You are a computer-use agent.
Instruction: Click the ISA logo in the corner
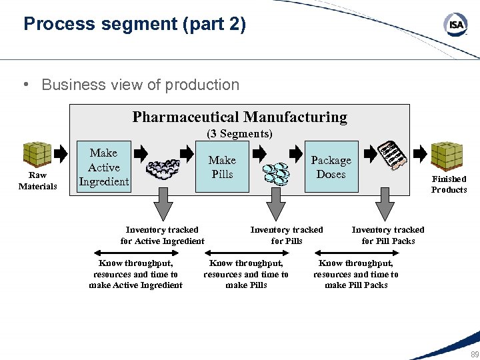[455, 25]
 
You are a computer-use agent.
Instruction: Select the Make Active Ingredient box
[103, 167]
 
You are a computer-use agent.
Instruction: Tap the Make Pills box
[222, 167]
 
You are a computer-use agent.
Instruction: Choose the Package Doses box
[331, 167]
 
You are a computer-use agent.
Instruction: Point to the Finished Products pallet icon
[446, 156]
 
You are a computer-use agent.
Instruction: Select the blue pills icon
[275, 174]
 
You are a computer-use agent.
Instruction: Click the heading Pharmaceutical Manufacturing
[239, 117]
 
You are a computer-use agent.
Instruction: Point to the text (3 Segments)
[239, 134]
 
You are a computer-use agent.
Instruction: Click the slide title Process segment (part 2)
[135, 25]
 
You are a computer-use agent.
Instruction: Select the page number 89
[474, 353]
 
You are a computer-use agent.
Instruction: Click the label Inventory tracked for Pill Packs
[388, 235]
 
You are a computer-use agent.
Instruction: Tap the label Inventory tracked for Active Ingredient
[162, 235]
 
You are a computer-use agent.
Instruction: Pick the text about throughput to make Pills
[246, 274]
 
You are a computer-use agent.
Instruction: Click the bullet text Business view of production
[140, 85]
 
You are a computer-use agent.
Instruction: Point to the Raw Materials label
[37, 181]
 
